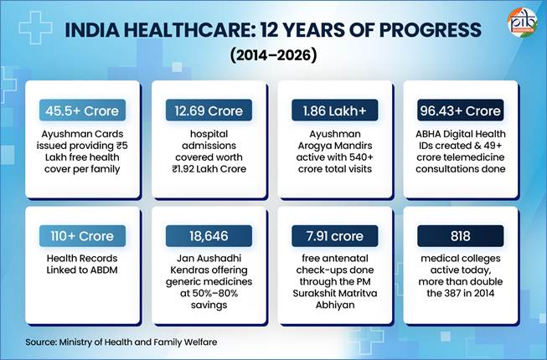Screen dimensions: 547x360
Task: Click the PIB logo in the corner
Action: tap(522, 23)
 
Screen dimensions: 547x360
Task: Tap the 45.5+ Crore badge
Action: tap(82, 111)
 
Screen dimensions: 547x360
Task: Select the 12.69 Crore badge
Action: tap(209, 111)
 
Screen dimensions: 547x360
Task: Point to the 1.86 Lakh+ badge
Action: tap(335, 111)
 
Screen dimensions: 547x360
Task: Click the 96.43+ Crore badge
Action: tap(461, 111)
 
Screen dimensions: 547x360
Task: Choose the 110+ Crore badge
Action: tap(82, 236)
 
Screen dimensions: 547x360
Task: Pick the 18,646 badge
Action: tap(209, 236)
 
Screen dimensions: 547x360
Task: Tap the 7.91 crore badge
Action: tap(335, 236)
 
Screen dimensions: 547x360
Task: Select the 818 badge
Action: tap(461, 236)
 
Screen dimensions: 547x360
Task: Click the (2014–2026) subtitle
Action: tap(273, 55)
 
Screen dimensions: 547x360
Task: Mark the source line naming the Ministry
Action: tap(121, 342)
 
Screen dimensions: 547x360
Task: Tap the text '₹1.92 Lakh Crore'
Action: tap(209, 169)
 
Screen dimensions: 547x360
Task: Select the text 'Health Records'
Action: tap(82, 258)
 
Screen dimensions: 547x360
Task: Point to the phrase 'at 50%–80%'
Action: tap(209, 293)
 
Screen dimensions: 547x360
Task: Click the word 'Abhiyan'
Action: tap(335, 305)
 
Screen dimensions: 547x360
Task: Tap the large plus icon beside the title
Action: tap(35, 28)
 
